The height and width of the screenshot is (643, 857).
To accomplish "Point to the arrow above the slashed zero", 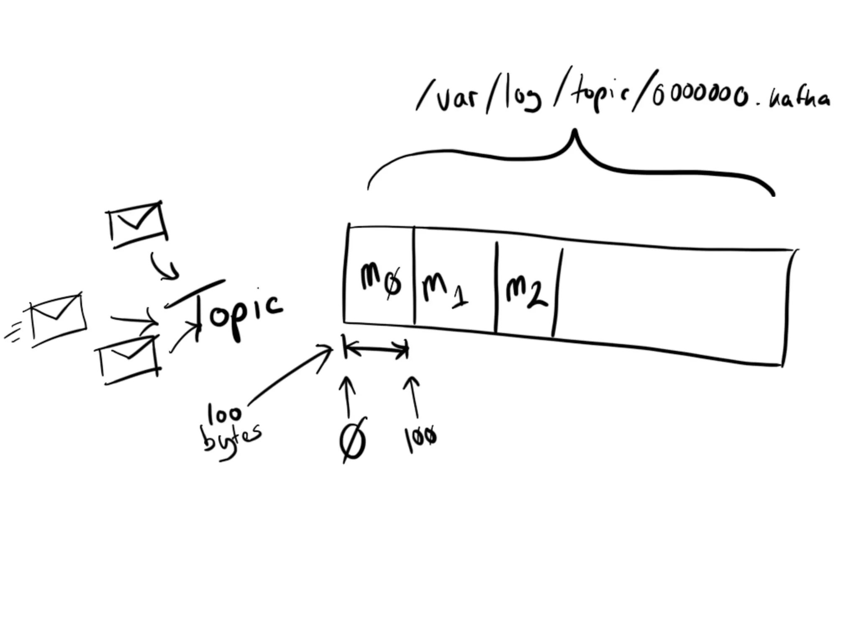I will click(347, 396).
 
